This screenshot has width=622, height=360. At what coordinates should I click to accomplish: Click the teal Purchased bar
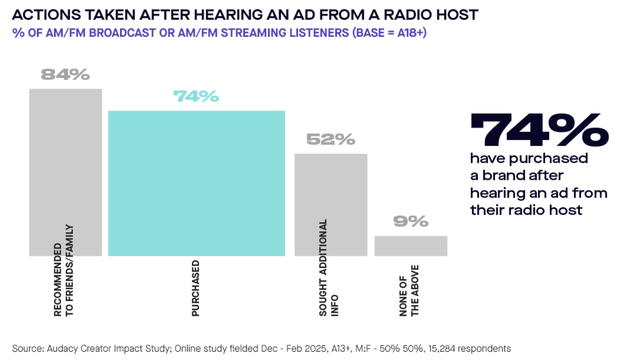pyautogui.click(x=196, y=183)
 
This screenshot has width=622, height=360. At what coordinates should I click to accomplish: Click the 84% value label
pyautogui.click(x=65, y=74)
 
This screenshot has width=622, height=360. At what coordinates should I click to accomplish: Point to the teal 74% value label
pyautogui.click(x=196, y=96)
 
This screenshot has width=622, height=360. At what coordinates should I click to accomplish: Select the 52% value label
pyautogui.click(x=331, y=139)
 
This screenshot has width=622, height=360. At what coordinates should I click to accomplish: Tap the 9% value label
pyautogui.click(x=411, y=221)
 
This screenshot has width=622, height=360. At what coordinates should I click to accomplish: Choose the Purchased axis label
pyautogui.click(x=195, y=288)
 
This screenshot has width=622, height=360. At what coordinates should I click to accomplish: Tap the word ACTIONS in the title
pyautogui.click(x=46, y=15)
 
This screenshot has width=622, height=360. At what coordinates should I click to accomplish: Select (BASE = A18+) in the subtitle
pyautogui.click(x=389, y=33)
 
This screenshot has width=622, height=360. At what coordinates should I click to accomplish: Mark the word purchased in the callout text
pyautogui.click(x=549, y=158)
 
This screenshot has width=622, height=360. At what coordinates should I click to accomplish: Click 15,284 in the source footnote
pyautogui.click(x=441, y=348)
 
